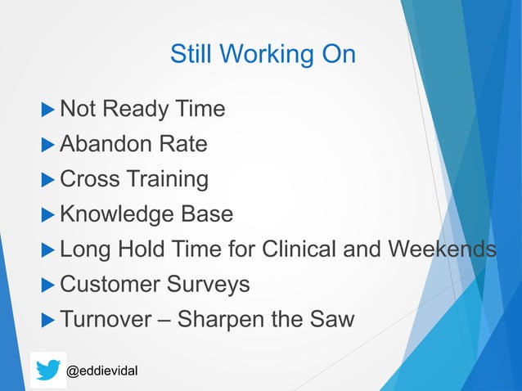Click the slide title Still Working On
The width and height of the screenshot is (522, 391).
pos(263,54)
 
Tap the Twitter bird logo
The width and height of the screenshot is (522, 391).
pos(47,370)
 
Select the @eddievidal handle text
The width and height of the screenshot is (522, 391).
pos(101,371)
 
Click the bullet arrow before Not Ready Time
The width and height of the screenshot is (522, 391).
pos(48,109)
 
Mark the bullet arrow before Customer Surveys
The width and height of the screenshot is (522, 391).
pos(48,284)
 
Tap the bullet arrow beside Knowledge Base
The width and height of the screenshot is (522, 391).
pos(48,213)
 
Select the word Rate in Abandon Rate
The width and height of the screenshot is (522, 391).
pos(182,144)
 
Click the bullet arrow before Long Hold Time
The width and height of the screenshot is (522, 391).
pos(48,249)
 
